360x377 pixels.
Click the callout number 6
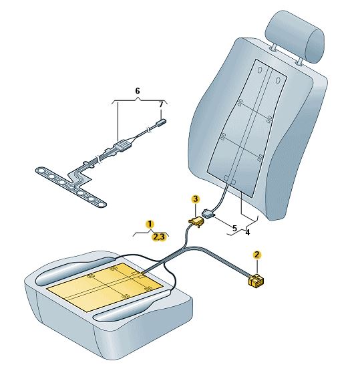pos(137,91)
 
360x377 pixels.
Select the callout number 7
pos(161,104)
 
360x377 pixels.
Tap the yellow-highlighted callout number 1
pos(150,225)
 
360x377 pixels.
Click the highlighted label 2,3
pos(159,237)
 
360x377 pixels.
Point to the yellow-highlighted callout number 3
pos(196,199)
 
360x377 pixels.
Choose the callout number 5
pos(235,228)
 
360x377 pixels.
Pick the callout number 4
pos(248,233)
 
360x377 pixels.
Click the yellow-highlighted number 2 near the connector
pos(257,255)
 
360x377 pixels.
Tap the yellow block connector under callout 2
pos(256,281)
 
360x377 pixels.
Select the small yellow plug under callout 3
pos(196,221)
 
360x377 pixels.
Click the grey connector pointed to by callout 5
pos(208,213)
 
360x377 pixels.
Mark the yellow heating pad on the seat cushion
pos(105,285)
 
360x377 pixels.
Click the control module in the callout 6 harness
pos(124,146)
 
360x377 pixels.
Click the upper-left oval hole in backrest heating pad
pos(260,70)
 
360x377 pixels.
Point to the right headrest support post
pos(299,61)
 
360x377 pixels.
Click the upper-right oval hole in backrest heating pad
pos(278,80)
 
